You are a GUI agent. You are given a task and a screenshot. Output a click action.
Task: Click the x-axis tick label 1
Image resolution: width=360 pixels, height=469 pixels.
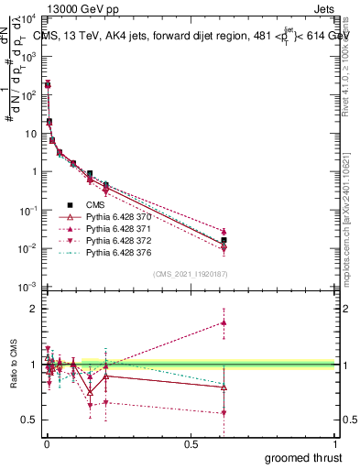pyautogui.click(x=336, y=444)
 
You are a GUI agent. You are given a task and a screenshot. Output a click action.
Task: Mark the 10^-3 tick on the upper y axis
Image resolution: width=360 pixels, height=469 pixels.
pyautogui.click(x=26, y=288)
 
